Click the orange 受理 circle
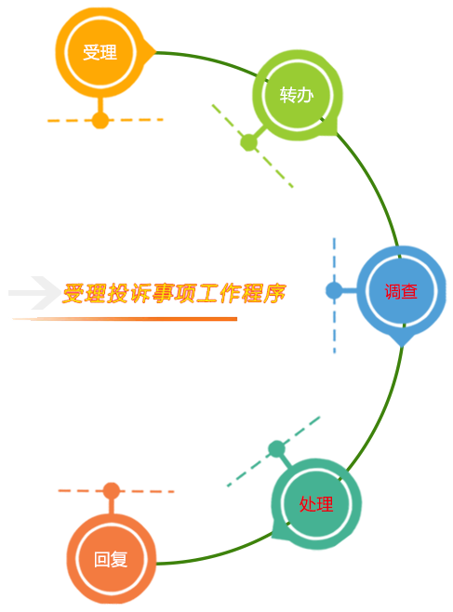tap(100, 53)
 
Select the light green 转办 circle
tap(298, 95)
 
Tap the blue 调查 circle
tap(401, 291)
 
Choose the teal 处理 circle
tap(316, 504)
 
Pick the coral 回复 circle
tap(112, 559)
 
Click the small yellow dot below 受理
tap(100, 120)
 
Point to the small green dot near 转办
tap(249, 142)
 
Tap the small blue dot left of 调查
tap(334, 290)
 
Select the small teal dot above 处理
tap(277, 449)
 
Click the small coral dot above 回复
tap(112, 491)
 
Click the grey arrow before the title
tap(34, 293)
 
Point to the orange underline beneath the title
tap(125, 319)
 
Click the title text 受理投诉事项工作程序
tap(174, 293)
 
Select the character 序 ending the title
tap(275, 293)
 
